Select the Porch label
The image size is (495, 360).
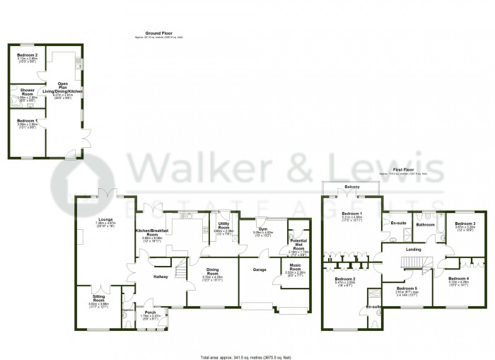[x=150, y=313]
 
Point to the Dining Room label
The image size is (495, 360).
[x=213, y=270]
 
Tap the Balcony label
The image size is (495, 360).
[x=352, y=187]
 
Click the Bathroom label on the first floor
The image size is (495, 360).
[x=426, y=225]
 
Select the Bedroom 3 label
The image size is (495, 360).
[x=465, y=224]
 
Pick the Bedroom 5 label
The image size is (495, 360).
[x=407, y=288]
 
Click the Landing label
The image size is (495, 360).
[x=414, y=250]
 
